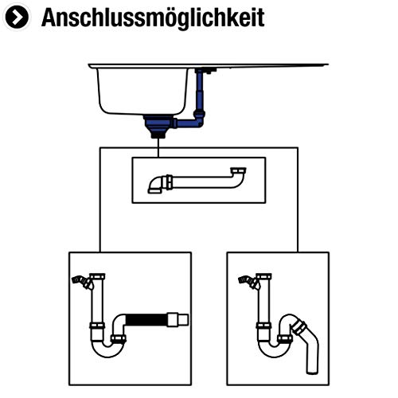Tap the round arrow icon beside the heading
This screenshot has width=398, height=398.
[x=18, y=18]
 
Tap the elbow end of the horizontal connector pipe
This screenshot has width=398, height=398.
[x=156, y=185]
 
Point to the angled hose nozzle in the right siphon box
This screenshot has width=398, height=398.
[x=248, y=281]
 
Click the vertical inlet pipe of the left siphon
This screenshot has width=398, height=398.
[x=97, y=302]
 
